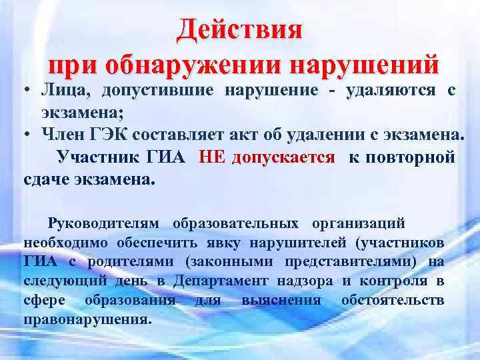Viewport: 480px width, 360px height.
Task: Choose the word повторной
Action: [x=413, y=157]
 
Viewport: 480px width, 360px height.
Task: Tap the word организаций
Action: [x=361, y=221]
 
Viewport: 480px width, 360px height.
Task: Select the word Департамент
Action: [x=221, y=281]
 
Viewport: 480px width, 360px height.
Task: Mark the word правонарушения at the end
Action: [x=87, y=319]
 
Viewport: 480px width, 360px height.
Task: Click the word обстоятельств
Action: [x=393, y=299]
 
